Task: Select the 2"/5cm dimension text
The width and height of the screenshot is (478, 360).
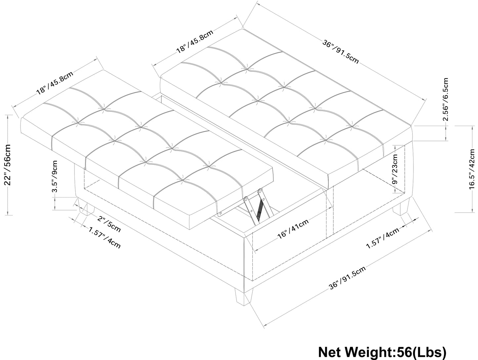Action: click(109, 223)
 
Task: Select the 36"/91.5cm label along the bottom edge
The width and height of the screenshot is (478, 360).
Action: click(347, 278)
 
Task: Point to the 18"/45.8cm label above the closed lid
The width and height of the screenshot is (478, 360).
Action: click(194, 41)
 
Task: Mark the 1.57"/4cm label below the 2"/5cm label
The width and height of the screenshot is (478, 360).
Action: click(105, 237)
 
